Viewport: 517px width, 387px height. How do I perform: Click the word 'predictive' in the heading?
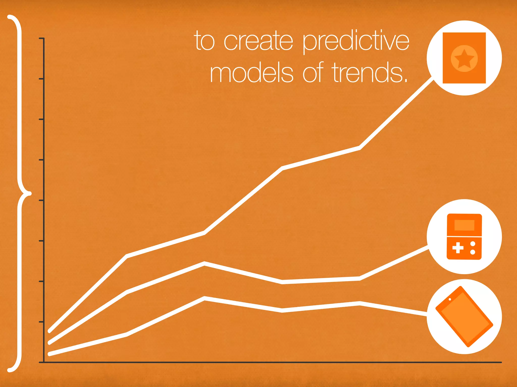356,42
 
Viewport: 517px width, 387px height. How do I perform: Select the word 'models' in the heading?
251,73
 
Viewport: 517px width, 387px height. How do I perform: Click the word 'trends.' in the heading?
370,73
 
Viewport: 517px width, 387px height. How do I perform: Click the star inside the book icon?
464,59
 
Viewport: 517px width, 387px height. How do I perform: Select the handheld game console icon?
464,237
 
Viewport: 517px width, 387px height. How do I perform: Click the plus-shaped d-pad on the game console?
458,248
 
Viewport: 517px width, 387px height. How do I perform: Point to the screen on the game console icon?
464,225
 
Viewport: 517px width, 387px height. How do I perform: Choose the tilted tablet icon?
464,317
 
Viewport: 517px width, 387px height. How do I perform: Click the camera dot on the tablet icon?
450,299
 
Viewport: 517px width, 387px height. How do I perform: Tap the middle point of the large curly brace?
29,193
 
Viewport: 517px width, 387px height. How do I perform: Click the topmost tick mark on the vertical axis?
41,38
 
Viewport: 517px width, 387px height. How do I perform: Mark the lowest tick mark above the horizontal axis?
41,322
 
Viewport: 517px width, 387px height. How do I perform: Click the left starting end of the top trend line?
49,331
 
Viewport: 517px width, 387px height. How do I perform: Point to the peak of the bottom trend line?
204,298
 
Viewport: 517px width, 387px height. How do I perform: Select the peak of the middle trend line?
204,264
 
